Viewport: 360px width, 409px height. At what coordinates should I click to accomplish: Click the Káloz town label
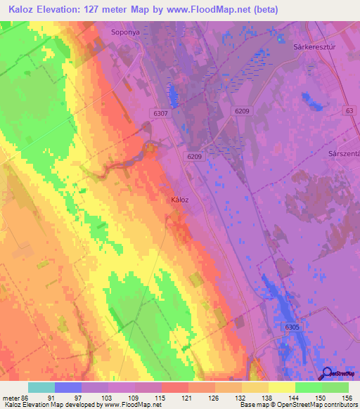point(180,200)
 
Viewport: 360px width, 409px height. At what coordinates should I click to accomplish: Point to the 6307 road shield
point(160,112)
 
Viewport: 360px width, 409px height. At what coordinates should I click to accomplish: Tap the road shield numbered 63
point(349,110)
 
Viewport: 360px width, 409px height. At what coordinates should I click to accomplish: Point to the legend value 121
point(186,397)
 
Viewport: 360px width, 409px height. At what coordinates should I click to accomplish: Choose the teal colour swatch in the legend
point(41,387)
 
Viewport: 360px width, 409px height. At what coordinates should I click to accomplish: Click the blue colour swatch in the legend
point(68,387)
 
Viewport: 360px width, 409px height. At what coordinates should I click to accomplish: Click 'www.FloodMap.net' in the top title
point(215,10)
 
